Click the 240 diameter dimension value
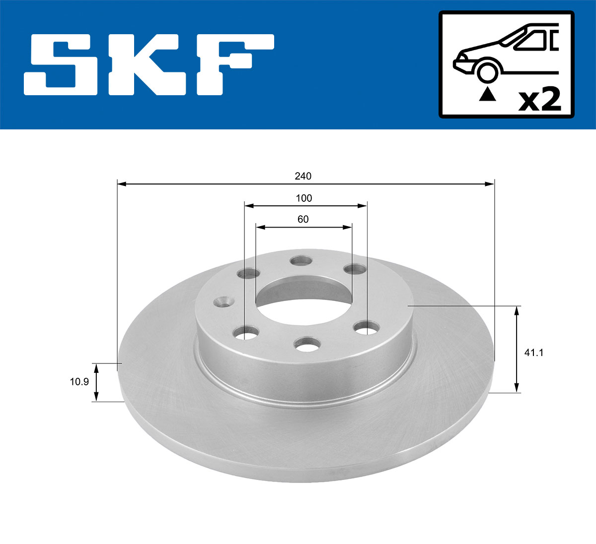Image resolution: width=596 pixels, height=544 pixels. [x=303, y=176]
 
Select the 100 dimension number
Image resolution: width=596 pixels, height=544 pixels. [x=304, y=198]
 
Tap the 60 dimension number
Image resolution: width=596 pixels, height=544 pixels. [x=303, y=219]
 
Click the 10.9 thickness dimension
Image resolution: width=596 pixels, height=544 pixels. [x=79, y=382]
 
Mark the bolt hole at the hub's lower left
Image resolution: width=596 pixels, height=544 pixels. [x=247, y=332]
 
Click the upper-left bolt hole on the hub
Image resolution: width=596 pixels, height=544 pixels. [x=249, y=274]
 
